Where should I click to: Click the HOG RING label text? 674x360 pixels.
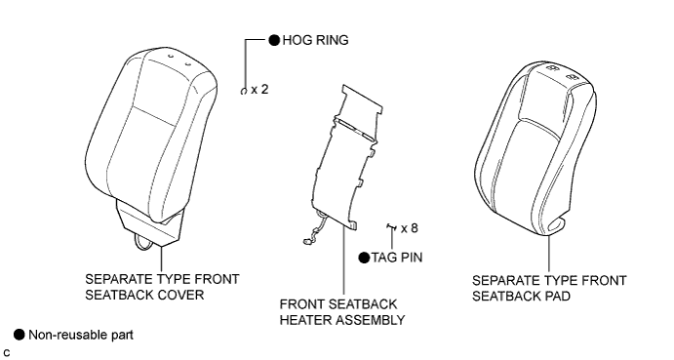[315, 40]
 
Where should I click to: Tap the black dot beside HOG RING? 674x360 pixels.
[274, 40]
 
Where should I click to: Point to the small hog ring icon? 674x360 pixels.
[243, 91]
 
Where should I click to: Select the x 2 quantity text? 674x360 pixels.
[259, 90]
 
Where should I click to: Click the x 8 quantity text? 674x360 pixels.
[410, 228]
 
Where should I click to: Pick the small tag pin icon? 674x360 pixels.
[391, 227]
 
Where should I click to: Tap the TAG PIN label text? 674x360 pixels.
[397, 258]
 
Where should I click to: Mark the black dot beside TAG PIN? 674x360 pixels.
[364, 258]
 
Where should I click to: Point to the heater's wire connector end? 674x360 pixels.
[308, 242]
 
